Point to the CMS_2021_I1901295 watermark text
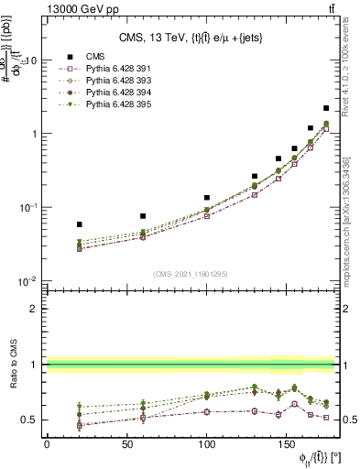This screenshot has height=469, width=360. [190, 274]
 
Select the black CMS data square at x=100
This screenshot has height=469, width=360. [207, 197]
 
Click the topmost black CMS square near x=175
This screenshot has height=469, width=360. [326, 108]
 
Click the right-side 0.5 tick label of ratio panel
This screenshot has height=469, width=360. [348, 420]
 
